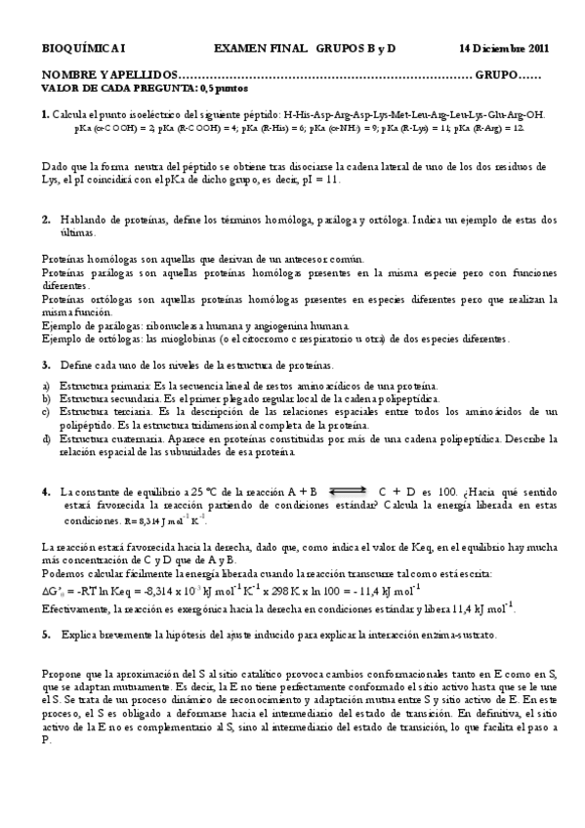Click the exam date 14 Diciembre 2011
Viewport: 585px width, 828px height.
[503, 47]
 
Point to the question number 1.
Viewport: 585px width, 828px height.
[45, 114]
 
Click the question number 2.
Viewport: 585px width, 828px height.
[45, 220]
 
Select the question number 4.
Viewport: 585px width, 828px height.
[45, 492]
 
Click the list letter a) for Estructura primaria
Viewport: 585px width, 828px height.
[47, 387]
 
